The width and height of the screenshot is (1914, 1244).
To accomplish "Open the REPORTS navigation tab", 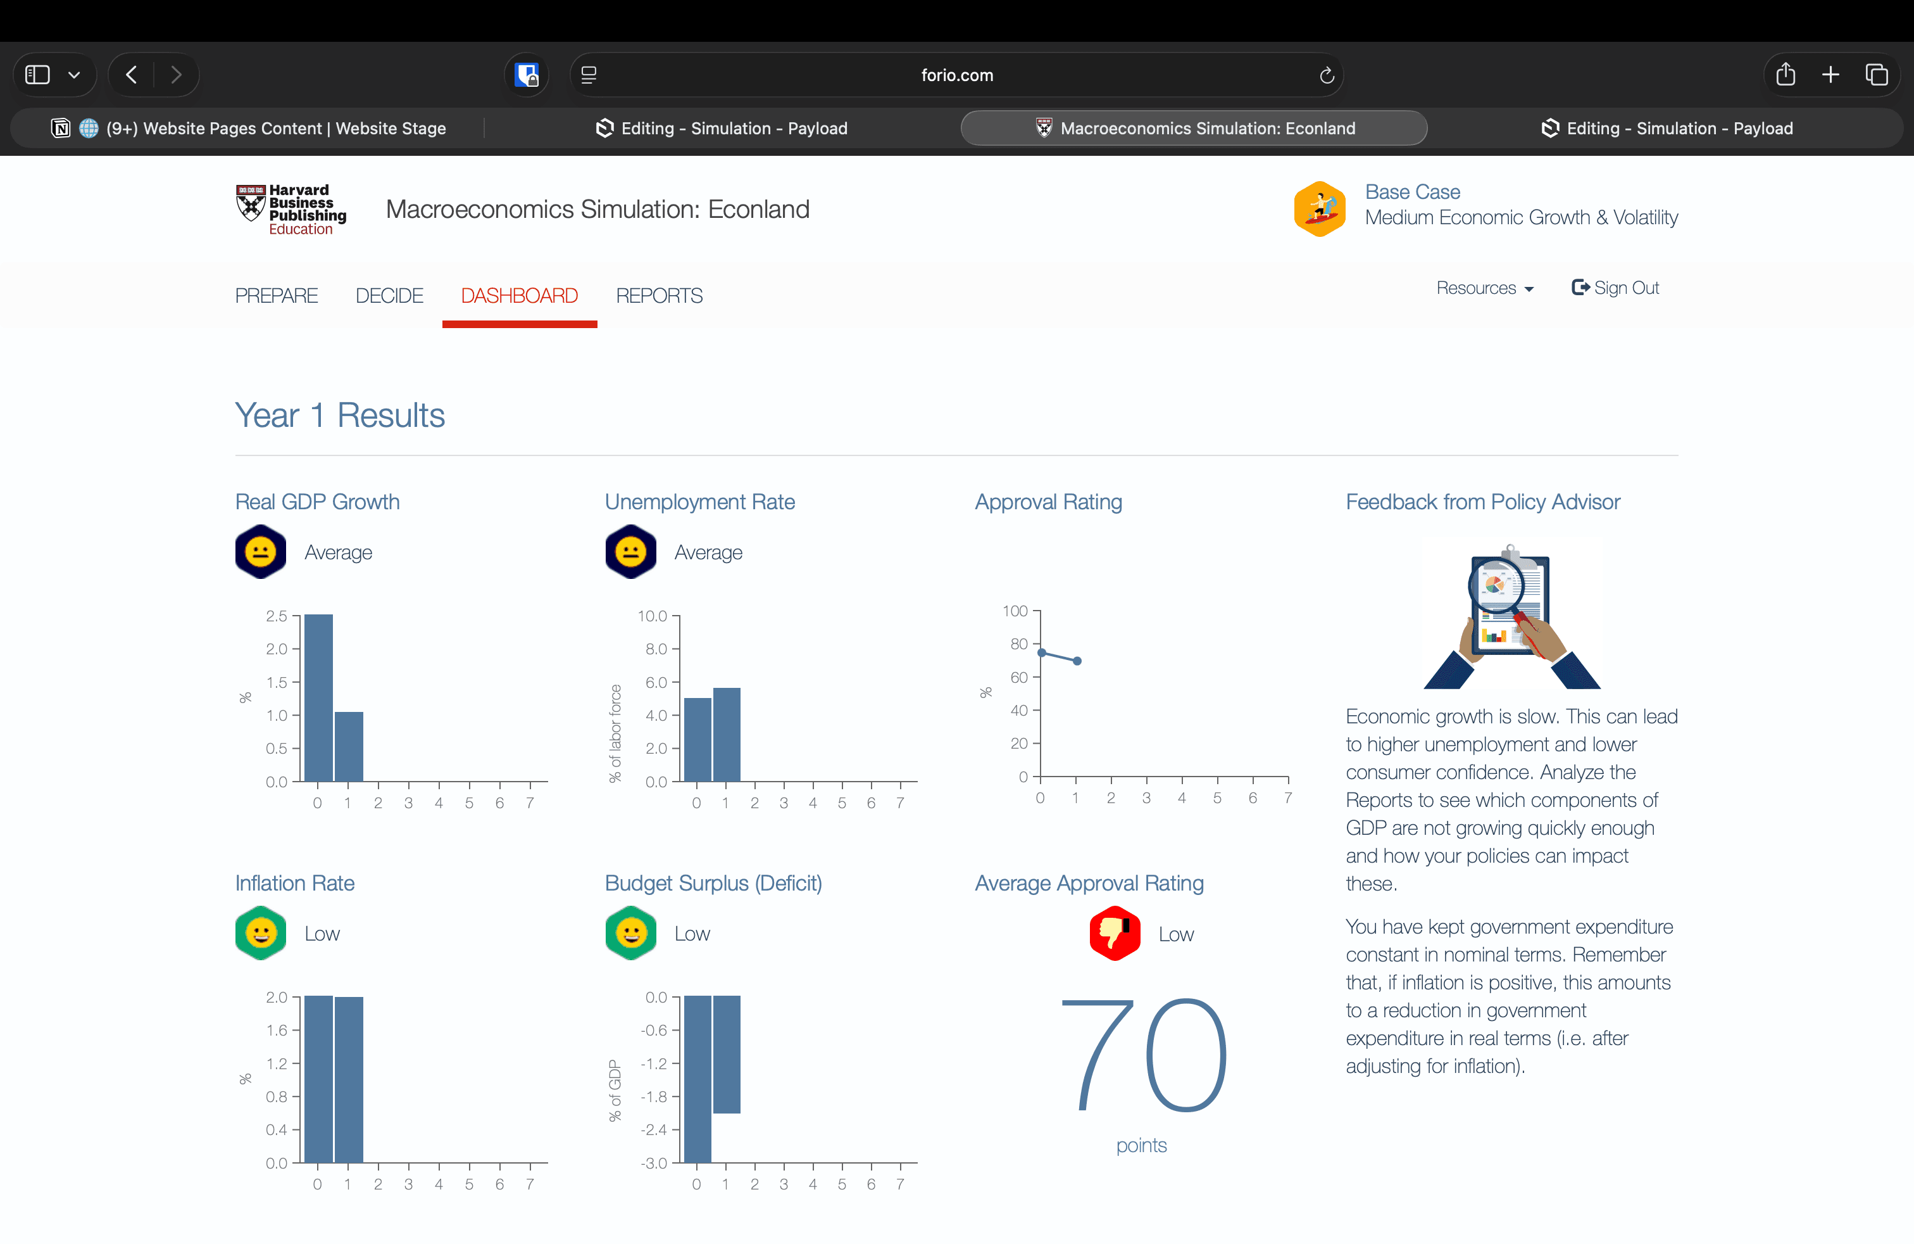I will click(659, 296).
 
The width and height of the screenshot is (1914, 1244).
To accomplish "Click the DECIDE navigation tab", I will click(389, 296).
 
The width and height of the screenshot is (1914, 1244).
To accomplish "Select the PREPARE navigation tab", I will click(276, 296).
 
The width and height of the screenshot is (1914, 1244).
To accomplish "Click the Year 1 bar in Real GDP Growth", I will click(348, 746).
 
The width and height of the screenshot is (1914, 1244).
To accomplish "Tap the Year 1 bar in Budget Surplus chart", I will click(726, 1054).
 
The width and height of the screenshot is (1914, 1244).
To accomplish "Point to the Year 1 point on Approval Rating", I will click(1077, 661).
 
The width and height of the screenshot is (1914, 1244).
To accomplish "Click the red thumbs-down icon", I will click(1115, 934).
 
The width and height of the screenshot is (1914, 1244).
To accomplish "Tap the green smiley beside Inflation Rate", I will click(261, 934).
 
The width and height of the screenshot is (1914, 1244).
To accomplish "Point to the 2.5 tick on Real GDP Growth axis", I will click(277, 616).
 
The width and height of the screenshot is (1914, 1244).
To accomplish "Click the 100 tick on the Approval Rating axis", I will click(1015, 611).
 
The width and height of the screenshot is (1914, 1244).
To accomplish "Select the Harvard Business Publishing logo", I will click(291, 209).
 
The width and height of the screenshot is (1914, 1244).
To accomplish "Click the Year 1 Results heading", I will click(339, 416).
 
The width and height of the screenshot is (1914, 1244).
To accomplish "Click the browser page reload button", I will click(1327, 75).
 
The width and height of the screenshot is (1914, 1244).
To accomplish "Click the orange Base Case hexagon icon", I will click(1319, 208).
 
